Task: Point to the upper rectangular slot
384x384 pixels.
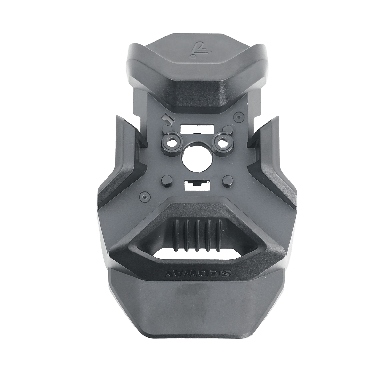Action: click(x=197, y=129)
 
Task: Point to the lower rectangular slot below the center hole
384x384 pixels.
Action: click(x=198, y=186)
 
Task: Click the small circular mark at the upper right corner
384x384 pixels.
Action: click(x=238, y=116)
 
